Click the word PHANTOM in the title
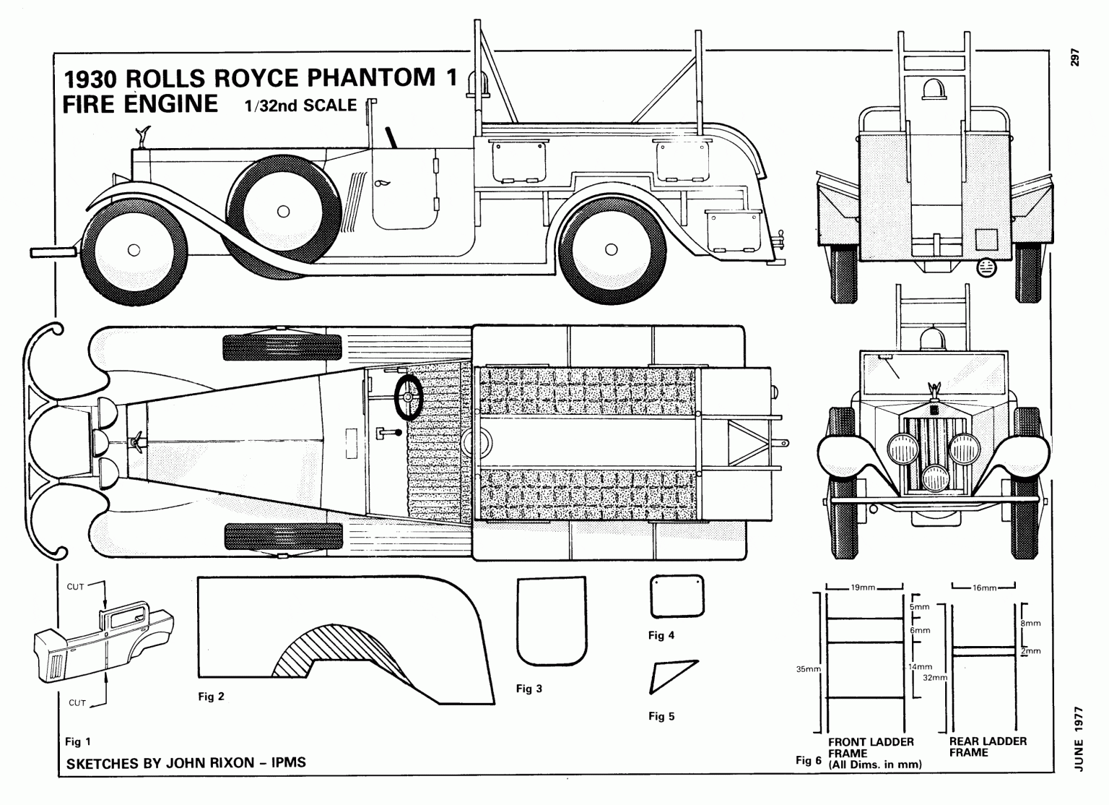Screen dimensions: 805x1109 click(x=371, y=77)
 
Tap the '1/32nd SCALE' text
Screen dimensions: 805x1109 click(x=300, y=106)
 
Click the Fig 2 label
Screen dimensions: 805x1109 click(x=211, y=697)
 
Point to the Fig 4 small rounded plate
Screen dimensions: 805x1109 click(x=677, y=597)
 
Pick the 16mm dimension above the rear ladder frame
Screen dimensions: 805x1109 click(x=983, y=587)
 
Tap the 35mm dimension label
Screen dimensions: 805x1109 click(x=808, y=669)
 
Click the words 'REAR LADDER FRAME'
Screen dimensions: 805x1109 click(x=987, y=746)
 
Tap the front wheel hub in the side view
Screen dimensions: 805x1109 click(x=133, y=250)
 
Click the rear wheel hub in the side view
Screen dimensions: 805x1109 click(x=612, y=250)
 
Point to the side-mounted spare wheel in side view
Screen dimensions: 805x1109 click(x=283, y=211)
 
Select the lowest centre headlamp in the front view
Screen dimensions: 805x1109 click(x=936, y=477)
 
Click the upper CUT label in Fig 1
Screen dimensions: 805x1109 click(x=76, y=587)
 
